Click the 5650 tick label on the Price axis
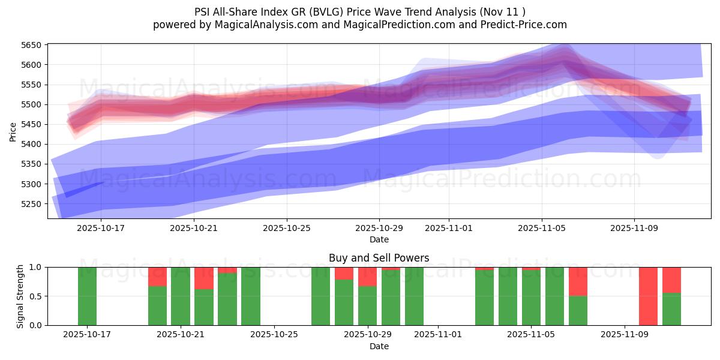point(31,45)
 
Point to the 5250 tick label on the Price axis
point(31,204)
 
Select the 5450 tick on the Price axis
point(31,124)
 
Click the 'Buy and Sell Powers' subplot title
point(379,258)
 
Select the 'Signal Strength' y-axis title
point(20,296)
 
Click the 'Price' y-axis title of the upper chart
point(13,131)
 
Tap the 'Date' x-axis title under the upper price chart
point(379,239)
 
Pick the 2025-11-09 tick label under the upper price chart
point(635,228)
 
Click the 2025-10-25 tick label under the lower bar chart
point(274,335)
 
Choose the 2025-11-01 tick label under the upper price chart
point(449,228)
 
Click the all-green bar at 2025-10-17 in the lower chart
point(87,296)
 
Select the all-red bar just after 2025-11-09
point(648,296)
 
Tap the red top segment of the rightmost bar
point(671,280)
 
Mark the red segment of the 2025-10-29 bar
point(367,276)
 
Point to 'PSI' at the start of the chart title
point(203,12)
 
